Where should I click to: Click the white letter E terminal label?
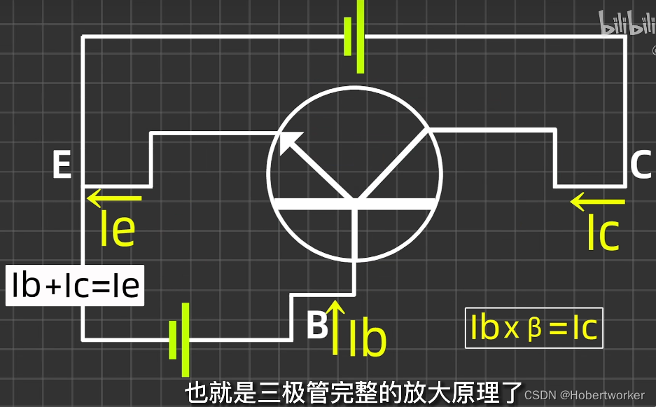tap(62, 166)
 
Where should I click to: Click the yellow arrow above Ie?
tap(114, 198)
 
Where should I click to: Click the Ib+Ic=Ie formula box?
tap(76, 285)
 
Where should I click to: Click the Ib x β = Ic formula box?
tap(534, 328)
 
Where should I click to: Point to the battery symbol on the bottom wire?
tap(179, 339)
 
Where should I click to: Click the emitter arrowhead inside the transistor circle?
tap(288, 141)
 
